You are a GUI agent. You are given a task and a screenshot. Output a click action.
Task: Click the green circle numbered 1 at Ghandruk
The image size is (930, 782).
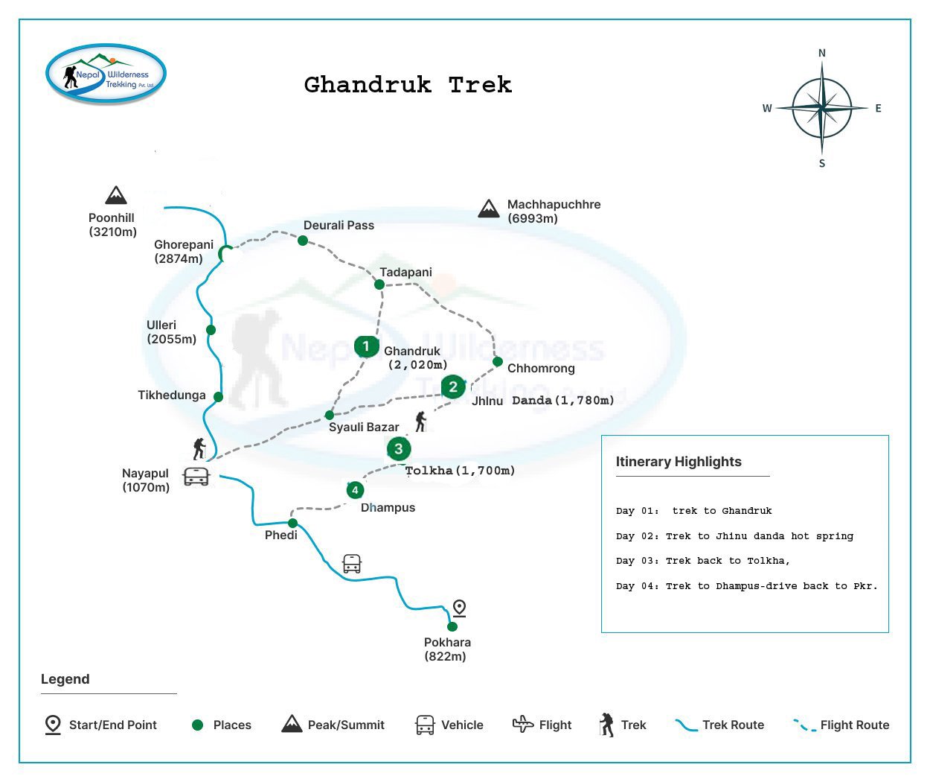point(366,346)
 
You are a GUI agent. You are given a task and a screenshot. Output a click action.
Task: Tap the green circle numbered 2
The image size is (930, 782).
point(452,387)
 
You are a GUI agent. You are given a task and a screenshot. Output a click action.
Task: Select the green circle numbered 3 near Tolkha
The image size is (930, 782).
point(399,448)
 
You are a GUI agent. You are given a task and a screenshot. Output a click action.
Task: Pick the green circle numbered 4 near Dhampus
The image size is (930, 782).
point(355,490)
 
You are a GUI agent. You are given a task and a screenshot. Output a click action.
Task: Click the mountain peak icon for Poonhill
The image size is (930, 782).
point(115,195)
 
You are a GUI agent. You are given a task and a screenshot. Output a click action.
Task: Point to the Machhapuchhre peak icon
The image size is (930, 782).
point(489,209)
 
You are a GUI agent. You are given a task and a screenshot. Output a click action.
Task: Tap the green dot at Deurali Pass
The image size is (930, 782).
point(303,241)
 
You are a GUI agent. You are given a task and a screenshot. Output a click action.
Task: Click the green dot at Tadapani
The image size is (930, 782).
point(379,284)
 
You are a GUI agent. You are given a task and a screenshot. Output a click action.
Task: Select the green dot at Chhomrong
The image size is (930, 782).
point(498,362)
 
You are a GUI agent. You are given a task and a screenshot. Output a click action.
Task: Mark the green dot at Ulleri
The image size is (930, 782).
point(211,330)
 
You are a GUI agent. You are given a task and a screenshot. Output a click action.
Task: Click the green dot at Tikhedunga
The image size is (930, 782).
point(218,397)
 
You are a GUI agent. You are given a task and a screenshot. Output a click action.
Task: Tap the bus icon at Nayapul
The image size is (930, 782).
point(196,477)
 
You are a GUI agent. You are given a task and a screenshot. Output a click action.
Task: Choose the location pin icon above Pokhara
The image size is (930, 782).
point(460,608)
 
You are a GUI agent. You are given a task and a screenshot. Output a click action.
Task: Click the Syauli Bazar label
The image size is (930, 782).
point(364,427)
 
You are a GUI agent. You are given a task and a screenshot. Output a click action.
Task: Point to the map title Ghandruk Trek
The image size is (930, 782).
point(408,85)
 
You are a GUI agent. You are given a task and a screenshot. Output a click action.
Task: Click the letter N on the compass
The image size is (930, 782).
point(822,53)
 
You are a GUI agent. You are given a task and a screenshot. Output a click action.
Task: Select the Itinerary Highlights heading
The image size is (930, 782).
point(679,462)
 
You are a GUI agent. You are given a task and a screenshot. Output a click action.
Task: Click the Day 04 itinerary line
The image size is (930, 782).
point(746,586)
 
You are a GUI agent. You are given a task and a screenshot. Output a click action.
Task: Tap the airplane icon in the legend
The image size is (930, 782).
point(523,724)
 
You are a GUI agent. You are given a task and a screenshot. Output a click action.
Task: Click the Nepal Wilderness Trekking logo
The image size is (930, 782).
point(106,74)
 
